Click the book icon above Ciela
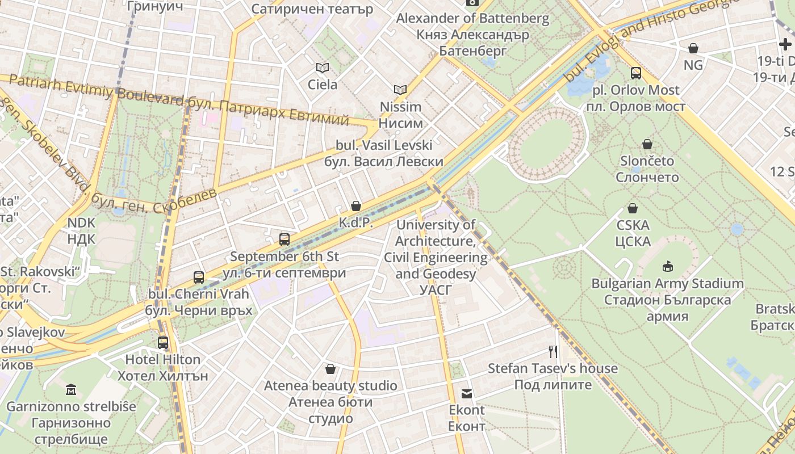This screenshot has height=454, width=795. tap(323, 68)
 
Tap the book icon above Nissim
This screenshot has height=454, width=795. tap(400, 90)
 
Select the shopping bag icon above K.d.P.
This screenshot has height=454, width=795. tap(356, 205)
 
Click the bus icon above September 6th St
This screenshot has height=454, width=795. tap(284, 239)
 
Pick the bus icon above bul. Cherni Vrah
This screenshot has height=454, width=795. tap(199, 278)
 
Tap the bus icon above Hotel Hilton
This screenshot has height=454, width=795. tap(163, 343)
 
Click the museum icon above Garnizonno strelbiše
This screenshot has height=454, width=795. tap(71, 390)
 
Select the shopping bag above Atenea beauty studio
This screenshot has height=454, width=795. tap(330, 369)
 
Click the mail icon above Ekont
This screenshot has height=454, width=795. tap(467, 393)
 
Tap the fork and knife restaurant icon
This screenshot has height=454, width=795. tap(553, 352)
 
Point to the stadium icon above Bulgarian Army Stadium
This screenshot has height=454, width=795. tap(667, 266)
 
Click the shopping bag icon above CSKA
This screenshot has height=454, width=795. tap(633, 208)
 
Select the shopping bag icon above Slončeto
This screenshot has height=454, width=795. tap(647, 144)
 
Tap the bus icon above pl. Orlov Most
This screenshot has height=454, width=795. tap(636, 73)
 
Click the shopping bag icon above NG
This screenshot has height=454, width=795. tap(693, 48)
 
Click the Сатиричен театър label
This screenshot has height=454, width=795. tap(312, 9)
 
